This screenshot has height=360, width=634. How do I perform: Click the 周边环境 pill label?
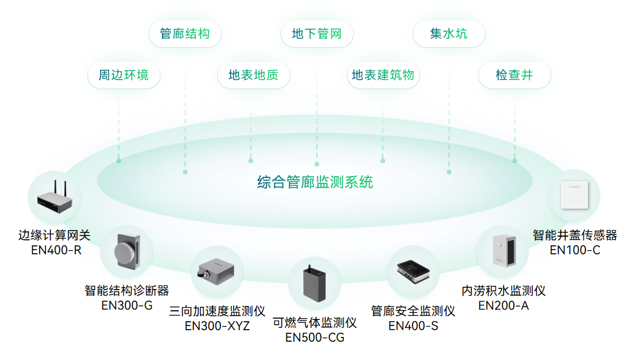click(x=123, y=75)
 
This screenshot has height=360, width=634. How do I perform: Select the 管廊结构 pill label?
click(x=185, y=34)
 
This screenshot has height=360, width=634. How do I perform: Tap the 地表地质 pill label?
click(x=254, y=75)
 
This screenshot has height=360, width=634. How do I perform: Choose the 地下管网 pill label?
click(x=317, y=34)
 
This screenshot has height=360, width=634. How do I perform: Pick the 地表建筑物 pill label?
click(x=383, y=75)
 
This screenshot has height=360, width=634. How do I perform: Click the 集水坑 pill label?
click(x=449, y=34)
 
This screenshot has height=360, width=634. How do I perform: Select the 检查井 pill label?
click(x=514, y=75)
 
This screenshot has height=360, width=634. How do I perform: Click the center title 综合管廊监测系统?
click(x=315, y=182)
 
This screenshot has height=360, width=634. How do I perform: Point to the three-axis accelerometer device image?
click(x=217, y=271)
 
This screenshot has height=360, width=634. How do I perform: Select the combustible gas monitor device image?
click(x=314, y=283)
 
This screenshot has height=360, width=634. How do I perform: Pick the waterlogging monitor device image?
click(x=503, y=251)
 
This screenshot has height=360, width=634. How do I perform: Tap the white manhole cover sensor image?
click(x=573, y=195)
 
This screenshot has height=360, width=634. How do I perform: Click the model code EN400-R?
click(x=56, y=250)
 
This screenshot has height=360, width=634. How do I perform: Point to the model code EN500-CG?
click(x=314, y=337)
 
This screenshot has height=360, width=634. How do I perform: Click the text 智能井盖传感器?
click(x=575, y=235)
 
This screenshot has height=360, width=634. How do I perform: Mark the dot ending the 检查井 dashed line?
click(x=514, y=161)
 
